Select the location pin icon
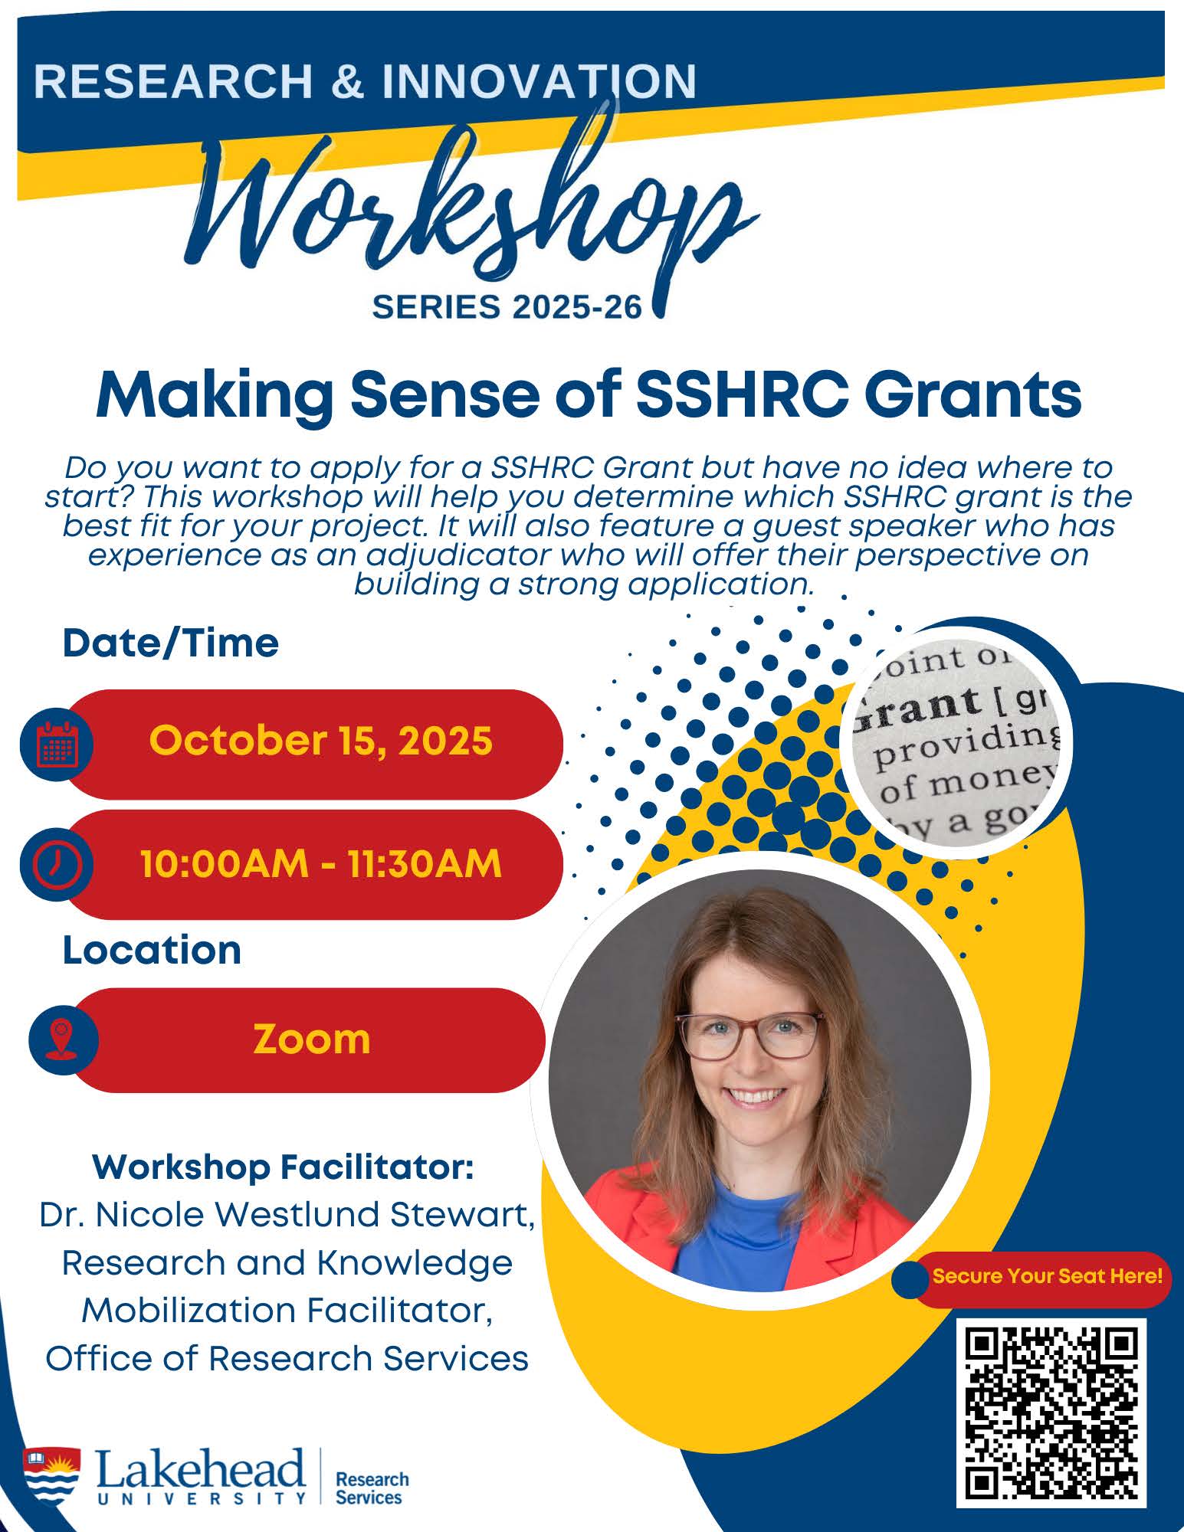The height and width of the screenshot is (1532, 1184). coord(63,1039)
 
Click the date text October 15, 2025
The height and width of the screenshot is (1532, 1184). coord(320,740)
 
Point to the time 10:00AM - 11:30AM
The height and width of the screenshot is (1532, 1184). coord(320,863)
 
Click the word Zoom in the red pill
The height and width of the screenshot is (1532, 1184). coord(311,1039)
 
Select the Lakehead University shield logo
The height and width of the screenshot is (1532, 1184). coord(51,1475)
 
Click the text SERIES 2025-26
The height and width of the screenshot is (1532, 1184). coord(507,307)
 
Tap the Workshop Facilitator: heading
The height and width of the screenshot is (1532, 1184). coord(283,1167)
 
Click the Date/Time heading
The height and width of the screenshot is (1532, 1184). coord(170,643)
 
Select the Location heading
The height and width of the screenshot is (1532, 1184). coord(152,950)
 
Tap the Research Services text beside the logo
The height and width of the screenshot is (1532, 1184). coord(372,1488)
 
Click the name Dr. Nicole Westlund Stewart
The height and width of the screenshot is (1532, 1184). coord(287,1215)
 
